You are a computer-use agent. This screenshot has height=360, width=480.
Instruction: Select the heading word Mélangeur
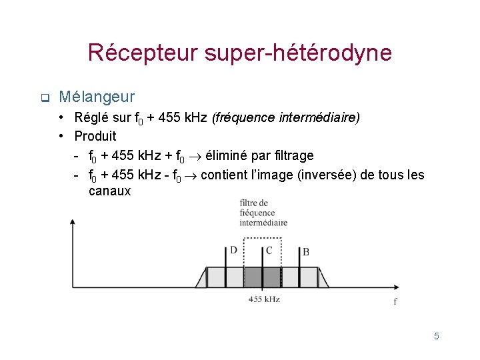click(97, 97)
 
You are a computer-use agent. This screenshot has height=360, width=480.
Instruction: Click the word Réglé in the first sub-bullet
click(90, 118)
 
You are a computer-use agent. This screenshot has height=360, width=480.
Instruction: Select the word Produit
click(95, 137)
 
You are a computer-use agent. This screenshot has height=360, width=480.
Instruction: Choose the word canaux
click(109, 192)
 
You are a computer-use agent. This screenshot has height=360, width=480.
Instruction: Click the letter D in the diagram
click(233, 251)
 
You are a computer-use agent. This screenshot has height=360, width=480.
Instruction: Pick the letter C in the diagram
click(269, 251)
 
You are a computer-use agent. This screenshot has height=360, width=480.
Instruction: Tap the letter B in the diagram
click(305, 252)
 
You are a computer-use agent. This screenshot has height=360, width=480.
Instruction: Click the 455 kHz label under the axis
click(264, 299)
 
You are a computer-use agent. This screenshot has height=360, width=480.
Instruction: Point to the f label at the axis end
click(395, 301)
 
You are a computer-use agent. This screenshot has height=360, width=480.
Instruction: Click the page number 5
click(437, 336)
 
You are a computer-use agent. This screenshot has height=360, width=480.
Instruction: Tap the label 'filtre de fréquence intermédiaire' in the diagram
click(263, 213)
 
